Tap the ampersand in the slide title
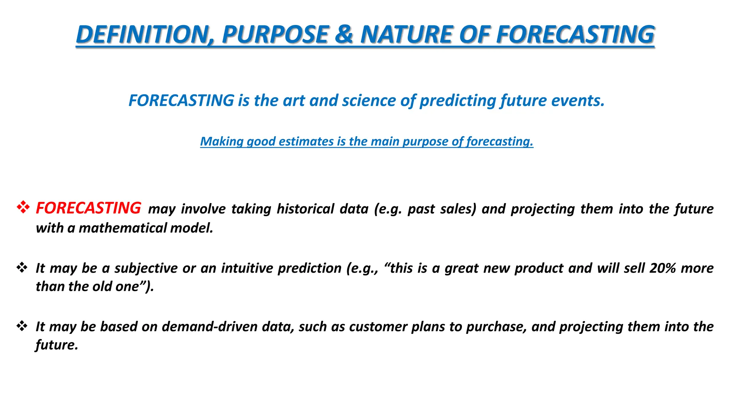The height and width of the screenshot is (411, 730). (344, 35)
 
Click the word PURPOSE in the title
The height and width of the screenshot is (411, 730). (274, 35)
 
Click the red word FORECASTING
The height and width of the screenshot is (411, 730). (88, 208)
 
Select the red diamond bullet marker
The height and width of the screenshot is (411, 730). (23, 207)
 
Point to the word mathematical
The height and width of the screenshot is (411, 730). (123, 228)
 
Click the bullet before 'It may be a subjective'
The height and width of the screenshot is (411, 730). (22, 267)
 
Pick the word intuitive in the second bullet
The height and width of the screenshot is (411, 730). (247, 268)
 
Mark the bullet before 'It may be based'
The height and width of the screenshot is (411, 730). (22, 326)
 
